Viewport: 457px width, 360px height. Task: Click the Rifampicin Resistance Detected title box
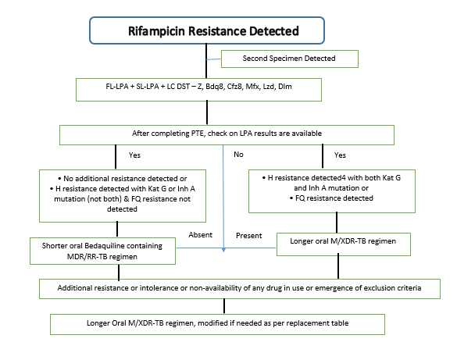[x=207, y=30]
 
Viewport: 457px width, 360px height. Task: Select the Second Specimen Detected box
[x=290, y=59]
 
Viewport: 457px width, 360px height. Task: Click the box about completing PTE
[x=227, y=135]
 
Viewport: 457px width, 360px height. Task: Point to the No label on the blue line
[x=238, y=155]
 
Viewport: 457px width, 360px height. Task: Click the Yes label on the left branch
[x=134, y=155]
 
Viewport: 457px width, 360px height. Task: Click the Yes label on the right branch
[x=340, y=155]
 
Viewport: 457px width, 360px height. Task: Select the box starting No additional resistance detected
[x=123, y=196]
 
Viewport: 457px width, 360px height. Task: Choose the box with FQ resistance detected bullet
[x=332, y=191]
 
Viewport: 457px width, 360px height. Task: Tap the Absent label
[x=200, y=235]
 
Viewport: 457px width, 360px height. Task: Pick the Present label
[x=249, y=235]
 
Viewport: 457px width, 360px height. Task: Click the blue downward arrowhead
[x=223, y=250]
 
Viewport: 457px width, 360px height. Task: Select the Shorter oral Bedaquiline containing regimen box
[x=102, y=251]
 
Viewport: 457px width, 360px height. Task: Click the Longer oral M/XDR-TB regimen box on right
[x=343, y=244]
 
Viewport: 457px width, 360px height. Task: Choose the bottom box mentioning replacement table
[x=217, y=324]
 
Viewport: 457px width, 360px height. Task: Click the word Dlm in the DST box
[x=285, y=87]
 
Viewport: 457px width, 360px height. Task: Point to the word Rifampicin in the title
[x=157, y=31]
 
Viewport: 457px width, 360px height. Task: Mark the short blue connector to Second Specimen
[x=213, y=59]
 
